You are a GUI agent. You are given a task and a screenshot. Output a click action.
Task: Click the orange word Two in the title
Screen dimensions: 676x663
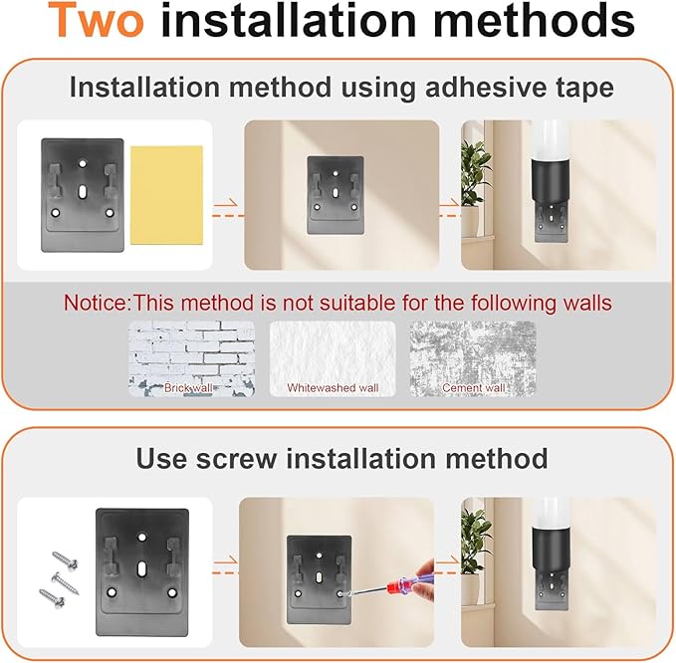point(96,20)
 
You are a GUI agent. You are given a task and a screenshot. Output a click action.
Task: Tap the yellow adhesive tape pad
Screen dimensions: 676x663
point(166,195)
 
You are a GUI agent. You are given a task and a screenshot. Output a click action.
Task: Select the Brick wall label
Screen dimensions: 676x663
point(188,387)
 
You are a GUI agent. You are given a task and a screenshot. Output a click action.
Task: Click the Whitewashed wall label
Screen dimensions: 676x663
point(333,387)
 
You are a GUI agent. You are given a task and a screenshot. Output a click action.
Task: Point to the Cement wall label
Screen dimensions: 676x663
point(473,387)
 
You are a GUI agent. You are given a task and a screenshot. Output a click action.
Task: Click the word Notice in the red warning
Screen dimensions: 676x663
point(96,303)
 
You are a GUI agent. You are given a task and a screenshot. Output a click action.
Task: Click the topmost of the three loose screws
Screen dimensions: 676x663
point(65,558)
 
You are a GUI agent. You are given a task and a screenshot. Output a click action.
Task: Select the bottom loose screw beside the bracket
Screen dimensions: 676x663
point(52,598)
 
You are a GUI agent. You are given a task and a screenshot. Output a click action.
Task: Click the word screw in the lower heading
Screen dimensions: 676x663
point(237,458)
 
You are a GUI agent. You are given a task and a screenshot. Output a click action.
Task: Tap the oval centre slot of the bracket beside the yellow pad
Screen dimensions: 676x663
point(82,191)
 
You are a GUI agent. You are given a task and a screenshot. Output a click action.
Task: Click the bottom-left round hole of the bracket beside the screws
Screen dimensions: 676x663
point(112,592)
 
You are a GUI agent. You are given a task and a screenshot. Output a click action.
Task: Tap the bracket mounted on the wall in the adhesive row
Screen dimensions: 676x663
point(336,195)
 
